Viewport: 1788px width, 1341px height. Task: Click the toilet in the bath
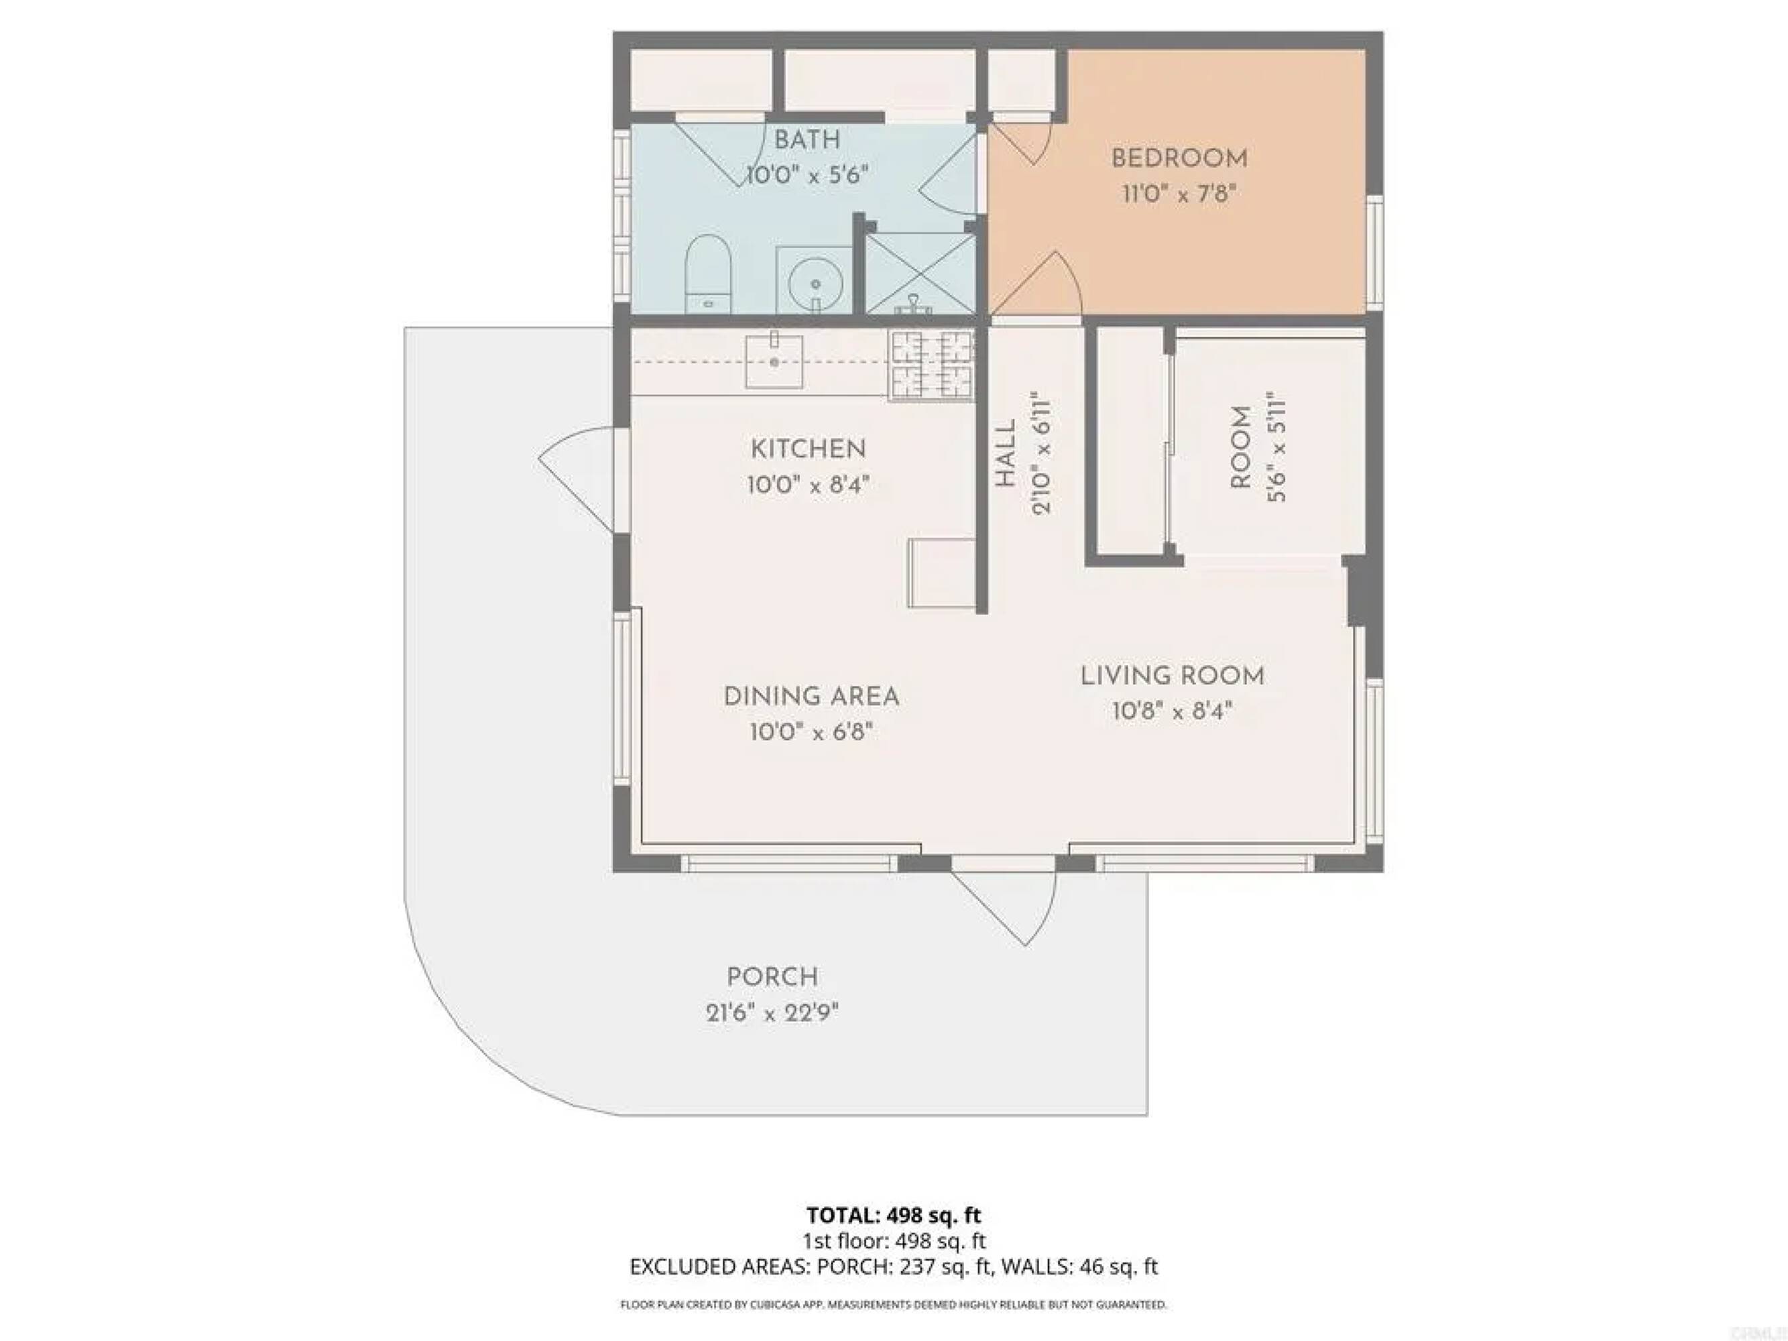(708, 274)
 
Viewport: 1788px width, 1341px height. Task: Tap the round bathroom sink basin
(816, 284)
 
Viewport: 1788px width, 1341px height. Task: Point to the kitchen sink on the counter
(774, 361)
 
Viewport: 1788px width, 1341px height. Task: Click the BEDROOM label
(1179, 158)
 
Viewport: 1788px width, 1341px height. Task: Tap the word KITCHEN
(809, 449)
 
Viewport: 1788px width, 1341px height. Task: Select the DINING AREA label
(811, 697)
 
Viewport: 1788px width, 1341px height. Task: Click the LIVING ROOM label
(1172, 676)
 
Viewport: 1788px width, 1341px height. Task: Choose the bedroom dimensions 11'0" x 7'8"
(1179, 195)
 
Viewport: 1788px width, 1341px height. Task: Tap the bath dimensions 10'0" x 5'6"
(807, 174)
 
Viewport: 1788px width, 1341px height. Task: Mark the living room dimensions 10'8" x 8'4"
(1172, 712)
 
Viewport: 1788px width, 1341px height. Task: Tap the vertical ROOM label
(1241, 447)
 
